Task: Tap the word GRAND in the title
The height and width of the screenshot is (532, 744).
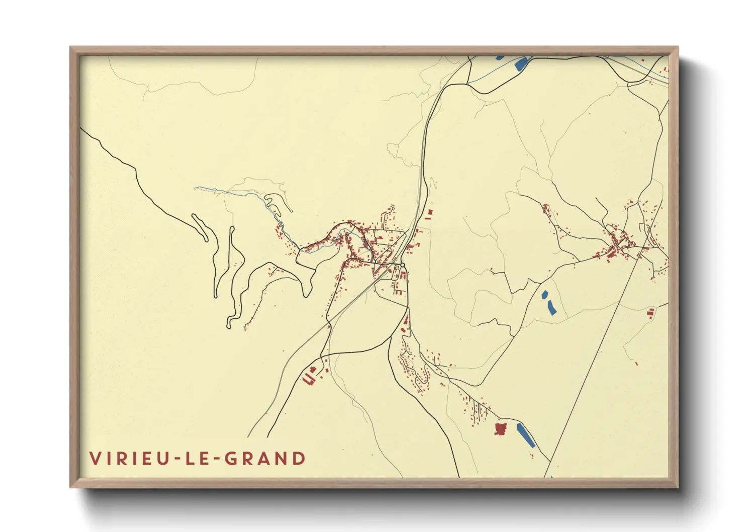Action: (264, 459)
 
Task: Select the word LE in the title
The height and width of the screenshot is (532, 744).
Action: (194, 459)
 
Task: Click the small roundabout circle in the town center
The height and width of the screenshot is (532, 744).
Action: (403, 265)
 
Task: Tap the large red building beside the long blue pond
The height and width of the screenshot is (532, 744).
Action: (500, 429)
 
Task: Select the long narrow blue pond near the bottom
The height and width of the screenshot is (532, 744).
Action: (526, 435)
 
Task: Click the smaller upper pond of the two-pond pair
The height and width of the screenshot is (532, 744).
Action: (544, 295)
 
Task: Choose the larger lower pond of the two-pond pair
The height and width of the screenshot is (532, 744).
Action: (551, 307)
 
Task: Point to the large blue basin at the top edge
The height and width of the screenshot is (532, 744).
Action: (520, 63)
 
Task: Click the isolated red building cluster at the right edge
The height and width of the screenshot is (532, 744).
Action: (651, 313)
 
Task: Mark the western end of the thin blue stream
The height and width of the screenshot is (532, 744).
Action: (196, 189)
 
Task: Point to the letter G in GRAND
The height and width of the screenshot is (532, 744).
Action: (231, 459)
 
